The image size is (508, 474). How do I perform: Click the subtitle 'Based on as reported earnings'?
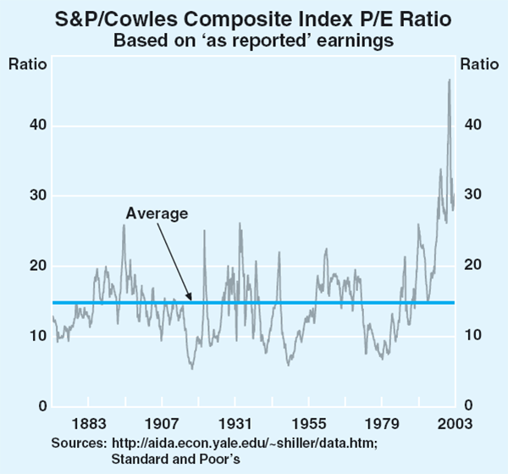[x=254, y=39]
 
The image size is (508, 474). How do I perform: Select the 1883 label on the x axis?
[x=88, y=423]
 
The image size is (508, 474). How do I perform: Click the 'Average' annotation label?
[x=157, y=213]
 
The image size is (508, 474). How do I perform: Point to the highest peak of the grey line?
[x=449, y=80]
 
